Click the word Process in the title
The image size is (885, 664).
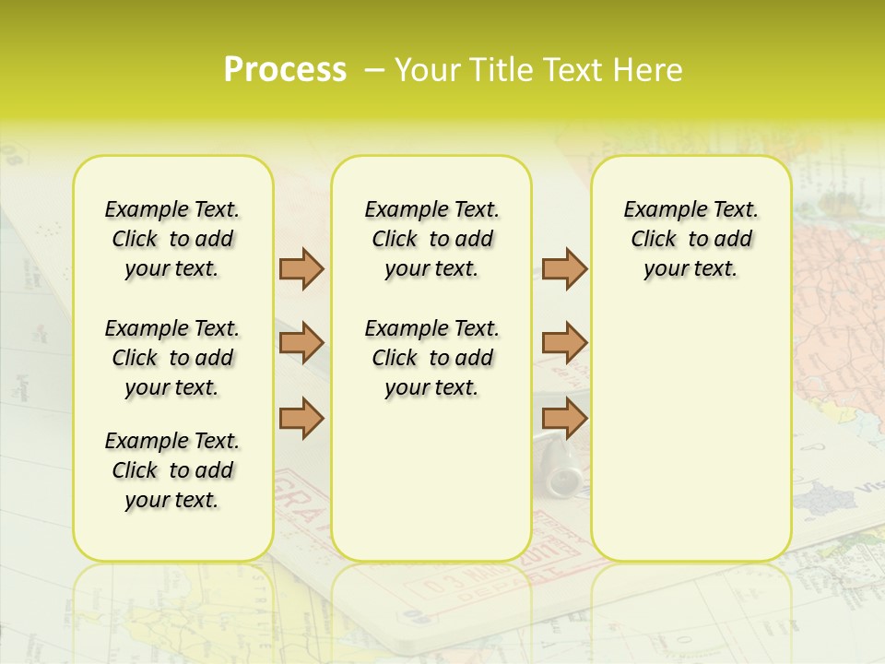285,69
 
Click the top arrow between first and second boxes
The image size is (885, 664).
301,268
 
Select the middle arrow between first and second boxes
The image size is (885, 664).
301,343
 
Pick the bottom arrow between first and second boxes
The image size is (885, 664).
301,418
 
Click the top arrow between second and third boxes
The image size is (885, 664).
564,268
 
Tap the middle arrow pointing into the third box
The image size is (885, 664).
564,343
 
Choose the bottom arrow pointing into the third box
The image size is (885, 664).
564,418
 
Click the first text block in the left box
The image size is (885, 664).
172,239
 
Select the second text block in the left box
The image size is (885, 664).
172,358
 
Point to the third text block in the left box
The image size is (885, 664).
172,470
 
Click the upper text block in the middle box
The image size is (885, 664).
432,239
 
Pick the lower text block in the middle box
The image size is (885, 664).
432,358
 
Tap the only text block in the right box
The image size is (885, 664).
691,239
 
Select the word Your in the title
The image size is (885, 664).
424,69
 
